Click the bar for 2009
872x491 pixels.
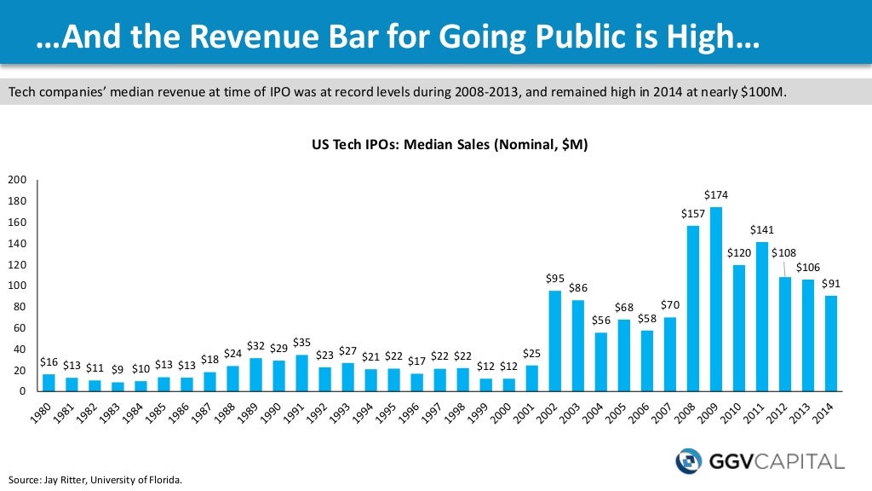[x=716, y=299]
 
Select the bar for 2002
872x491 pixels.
[x=554, y=341]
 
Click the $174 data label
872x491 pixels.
[x=716, y=195]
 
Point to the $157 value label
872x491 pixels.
[x=693, y=213]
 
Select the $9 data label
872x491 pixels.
[x=118, y=369]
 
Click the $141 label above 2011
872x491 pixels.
[x=762, y=230]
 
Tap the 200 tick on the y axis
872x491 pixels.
[x=17, y=180]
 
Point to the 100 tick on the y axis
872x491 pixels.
[x=17, y=286]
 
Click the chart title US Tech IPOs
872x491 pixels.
[x=449, y=146]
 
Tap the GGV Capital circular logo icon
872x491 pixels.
[x=688, y=462]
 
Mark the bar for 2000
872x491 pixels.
[x=508, y=384]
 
